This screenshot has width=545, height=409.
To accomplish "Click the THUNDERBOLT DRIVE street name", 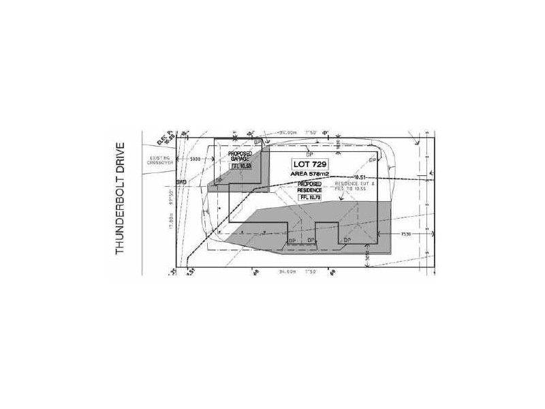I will click(121, 198).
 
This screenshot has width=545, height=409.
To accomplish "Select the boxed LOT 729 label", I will click(311, 164).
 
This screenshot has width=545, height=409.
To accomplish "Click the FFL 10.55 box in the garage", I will click(241, 166).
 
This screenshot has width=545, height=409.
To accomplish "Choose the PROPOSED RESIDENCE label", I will click(309, 187).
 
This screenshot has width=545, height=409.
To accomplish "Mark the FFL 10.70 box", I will click(309, 197).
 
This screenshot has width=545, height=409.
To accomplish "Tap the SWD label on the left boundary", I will click(181, 183).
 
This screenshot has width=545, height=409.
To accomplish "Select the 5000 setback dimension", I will click(196, 160).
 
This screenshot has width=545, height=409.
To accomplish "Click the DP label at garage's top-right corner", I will click(258, 142).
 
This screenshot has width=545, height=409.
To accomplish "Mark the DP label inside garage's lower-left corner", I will click(219, 180).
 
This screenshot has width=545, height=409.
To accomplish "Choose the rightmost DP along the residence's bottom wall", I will click(347, 240).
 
